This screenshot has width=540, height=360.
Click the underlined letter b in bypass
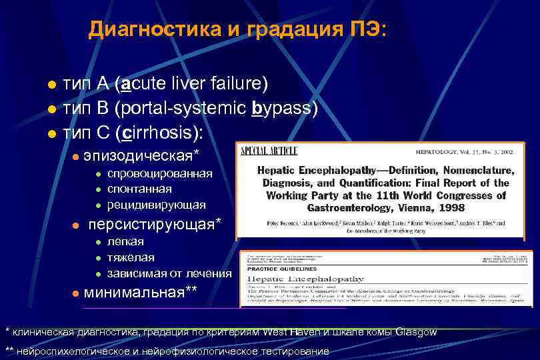tap(258, 108)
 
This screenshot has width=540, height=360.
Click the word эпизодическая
tap(141, 156)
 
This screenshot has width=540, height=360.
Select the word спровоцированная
tap(159, 173)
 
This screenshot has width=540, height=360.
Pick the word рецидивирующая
tap(156, 204)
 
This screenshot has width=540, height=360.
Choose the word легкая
tap(125, 241)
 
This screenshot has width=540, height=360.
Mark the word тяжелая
tap(131, 257)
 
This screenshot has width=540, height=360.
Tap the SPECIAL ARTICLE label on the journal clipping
tap(269, 149)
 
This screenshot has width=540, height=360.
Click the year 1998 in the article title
tap(451, 208)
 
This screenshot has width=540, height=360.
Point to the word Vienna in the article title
tap(405, 208)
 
